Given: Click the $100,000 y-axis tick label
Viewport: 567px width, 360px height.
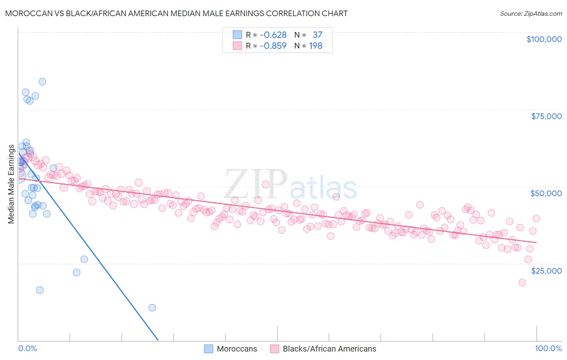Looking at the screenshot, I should click(x=544, y=39).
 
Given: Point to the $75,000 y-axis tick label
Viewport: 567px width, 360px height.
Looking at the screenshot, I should click(x=546, y=116).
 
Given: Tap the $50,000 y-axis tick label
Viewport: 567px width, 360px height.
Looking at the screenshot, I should click(x=546, y=193).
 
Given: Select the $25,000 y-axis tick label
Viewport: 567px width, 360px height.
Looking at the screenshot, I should click(x=546, y=271).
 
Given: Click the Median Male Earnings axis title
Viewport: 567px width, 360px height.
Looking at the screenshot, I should click(x=11, y=184).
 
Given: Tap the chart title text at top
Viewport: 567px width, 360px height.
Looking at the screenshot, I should click(x=176, y=13).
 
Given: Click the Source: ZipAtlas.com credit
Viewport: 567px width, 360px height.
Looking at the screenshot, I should click(x=531, y=13).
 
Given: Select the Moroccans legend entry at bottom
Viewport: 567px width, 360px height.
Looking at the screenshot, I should click(x=237, y=349).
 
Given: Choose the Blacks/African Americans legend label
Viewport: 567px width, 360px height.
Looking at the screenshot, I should click(x=329, y=349).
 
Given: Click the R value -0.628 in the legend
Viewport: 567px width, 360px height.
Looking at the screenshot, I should click(x=273, y=35).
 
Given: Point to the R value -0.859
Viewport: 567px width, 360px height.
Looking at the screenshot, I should click(x=273, y=46).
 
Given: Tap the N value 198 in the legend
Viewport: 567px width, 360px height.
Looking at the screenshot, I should click(x=315, y=46).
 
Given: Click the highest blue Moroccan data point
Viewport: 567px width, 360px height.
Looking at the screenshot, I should click(x=42, y=82).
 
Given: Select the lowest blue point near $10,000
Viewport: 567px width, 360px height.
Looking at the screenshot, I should click(x=152, y=308).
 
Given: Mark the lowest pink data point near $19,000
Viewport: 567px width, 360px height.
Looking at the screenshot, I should click(x=522, y=283).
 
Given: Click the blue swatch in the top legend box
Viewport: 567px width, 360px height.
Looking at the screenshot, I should click(x=237, y=35).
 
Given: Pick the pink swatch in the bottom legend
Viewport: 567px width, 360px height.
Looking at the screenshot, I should click(x=275, y=349).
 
